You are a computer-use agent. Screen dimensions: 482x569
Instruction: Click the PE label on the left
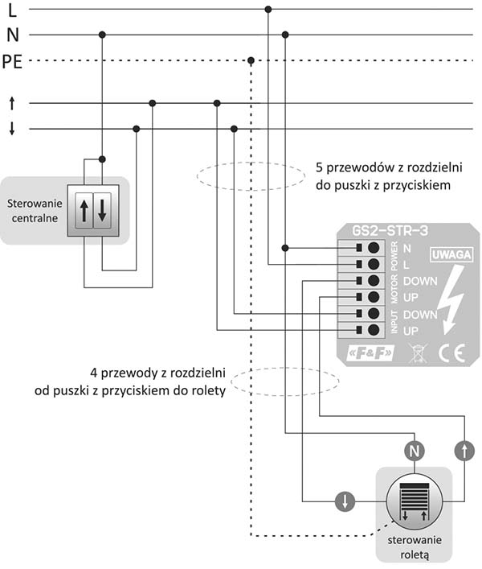12,62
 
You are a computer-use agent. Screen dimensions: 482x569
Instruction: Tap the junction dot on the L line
268,9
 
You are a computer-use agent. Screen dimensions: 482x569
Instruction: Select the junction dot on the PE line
251,60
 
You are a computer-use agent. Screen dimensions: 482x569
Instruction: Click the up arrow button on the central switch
84,211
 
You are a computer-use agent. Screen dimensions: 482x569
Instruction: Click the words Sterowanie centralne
35,211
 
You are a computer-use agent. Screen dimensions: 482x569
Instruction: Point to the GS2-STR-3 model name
390,231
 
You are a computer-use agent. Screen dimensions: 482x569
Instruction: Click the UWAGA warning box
451,255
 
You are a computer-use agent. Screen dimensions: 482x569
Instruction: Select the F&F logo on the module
370,353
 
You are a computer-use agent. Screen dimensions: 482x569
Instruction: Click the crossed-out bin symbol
418,353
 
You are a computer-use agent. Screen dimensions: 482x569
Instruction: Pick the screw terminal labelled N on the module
374,248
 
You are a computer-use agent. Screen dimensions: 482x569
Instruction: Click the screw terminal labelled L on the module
374,264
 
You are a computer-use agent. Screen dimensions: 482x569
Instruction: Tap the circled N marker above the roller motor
415,451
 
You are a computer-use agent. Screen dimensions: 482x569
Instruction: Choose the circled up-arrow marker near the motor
464,451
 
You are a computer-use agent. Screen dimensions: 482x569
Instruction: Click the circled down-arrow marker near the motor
345,501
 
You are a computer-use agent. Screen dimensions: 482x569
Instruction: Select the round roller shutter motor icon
415,502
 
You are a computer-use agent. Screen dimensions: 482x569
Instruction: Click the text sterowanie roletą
415,547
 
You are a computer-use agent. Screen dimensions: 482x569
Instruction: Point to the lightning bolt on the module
451,299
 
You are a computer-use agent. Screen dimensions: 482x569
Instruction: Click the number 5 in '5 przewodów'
319,167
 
